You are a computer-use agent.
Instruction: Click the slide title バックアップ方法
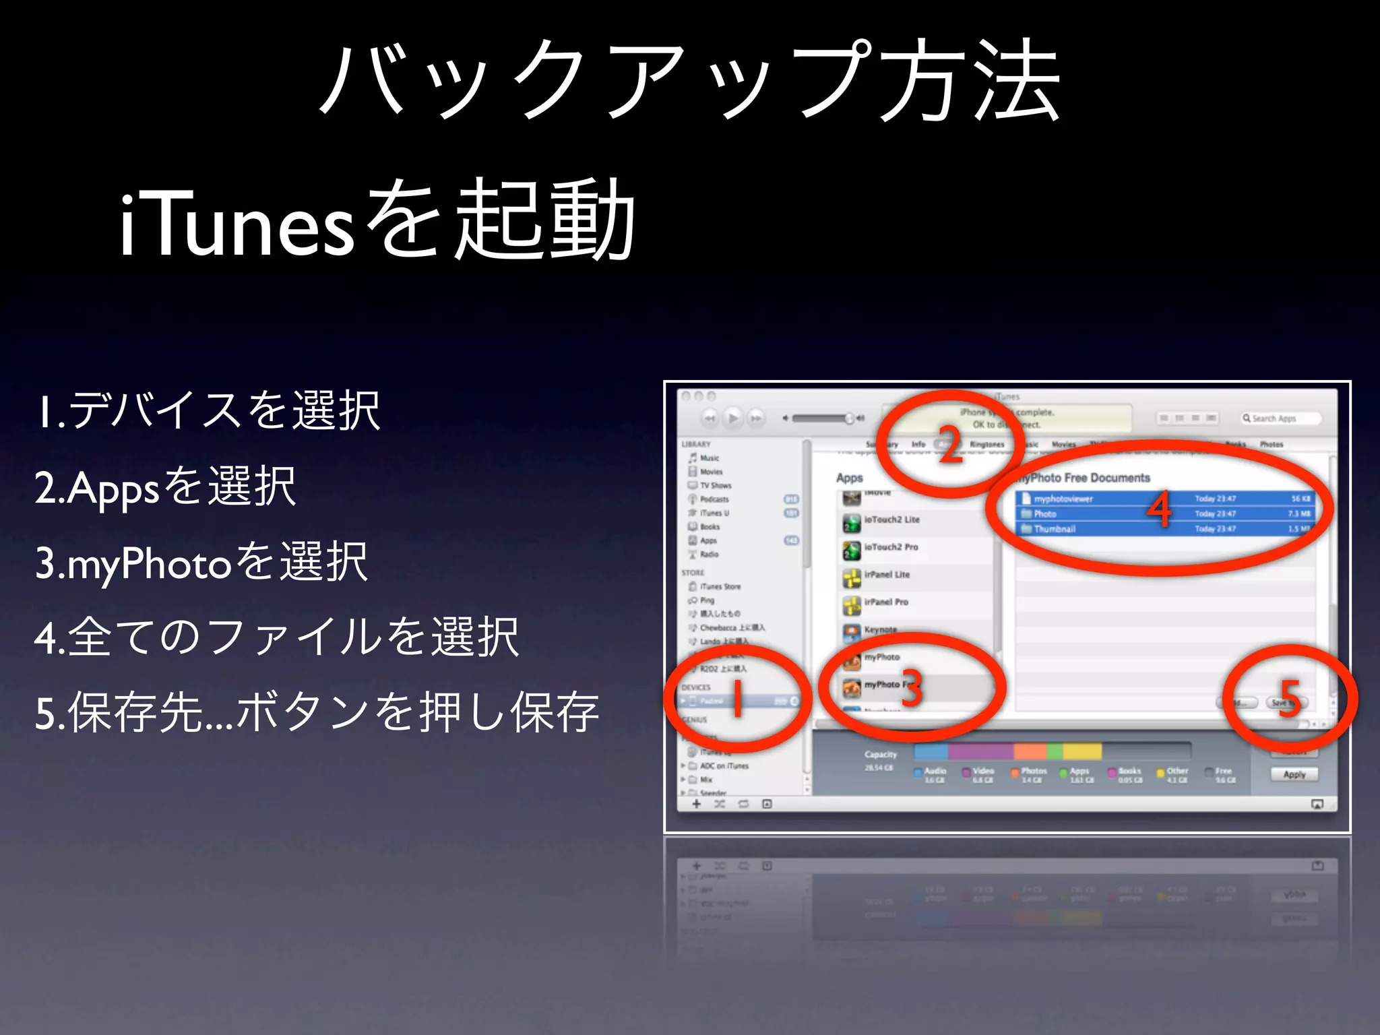tap(690, 81)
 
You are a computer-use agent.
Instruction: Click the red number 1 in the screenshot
tap(738, 699)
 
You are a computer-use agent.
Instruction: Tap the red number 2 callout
tap(950, 445)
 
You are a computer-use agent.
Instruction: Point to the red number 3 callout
tap(911, 689)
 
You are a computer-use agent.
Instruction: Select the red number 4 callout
tap(1160, 510)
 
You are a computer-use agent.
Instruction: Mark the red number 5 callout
tap(1289, 699)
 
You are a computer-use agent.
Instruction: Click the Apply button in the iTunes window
tap(1294, 774)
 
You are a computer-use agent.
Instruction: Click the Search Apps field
tap(1279, 418)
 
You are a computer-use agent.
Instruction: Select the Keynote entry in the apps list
tap(880, 630)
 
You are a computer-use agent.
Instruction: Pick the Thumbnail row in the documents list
tap(1055, 529)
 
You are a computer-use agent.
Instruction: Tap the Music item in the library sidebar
tap(710, 458)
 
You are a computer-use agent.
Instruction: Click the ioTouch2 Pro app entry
tap(891, 547)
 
